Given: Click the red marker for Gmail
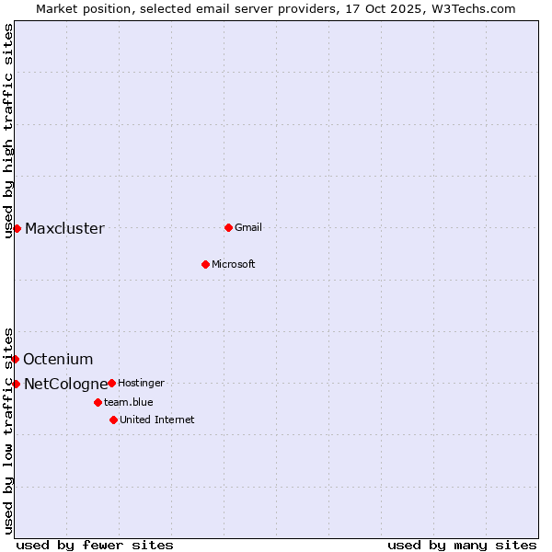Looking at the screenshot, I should pyautogui.click(x=228, y=227).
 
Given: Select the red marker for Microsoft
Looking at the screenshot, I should pyautogui.click(x=205, y=264).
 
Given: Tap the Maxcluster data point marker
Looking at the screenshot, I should pyautogui.click(x=17, y=228).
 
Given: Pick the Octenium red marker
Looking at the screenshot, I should pyautogui.click(x=15, y=359).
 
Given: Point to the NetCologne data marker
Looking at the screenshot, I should pyautogui.click(x=16, y=384).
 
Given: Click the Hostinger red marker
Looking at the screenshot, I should pyautogui.click(x=111, y=383).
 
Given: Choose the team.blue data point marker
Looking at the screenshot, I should pyautogui.click(x=98, y=402).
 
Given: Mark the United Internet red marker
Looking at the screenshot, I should pyautogui.click(x=113, y=420).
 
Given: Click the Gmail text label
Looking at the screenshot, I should pyautogui.click(x=248, y=227).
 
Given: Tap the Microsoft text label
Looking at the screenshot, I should pyautogui.click(x=234, y=264).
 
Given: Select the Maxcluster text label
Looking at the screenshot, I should pyautogui.click(x=64, y=229).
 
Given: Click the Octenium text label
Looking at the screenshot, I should pyautogui.click(x=58, y=360).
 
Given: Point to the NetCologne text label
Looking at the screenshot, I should pyautogui.click(x=65, y=384).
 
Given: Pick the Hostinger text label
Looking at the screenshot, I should pyautogui.click(x=141, y=383).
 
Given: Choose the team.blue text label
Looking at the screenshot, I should pyautogui.click(x=129, y=402).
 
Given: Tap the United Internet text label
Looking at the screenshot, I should pyautogui.click(x=157, y=420).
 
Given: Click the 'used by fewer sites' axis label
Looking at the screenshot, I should pyautogui.click(x=95, y=545).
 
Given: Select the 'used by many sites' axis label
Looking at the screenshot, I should pyautogui.click(x=462, y=545).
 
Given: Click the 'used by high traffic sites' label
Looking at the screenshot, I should pyautogui.click(x=8, y=131).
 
